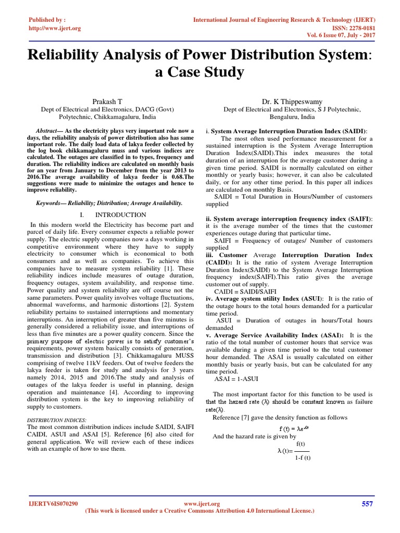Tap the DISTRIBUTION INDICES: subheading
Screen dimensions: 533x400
pyautogui.click(x=56, y=420)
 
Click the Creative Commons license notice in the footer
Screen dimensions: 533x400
pyautogui.click(x=199, y=511)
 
